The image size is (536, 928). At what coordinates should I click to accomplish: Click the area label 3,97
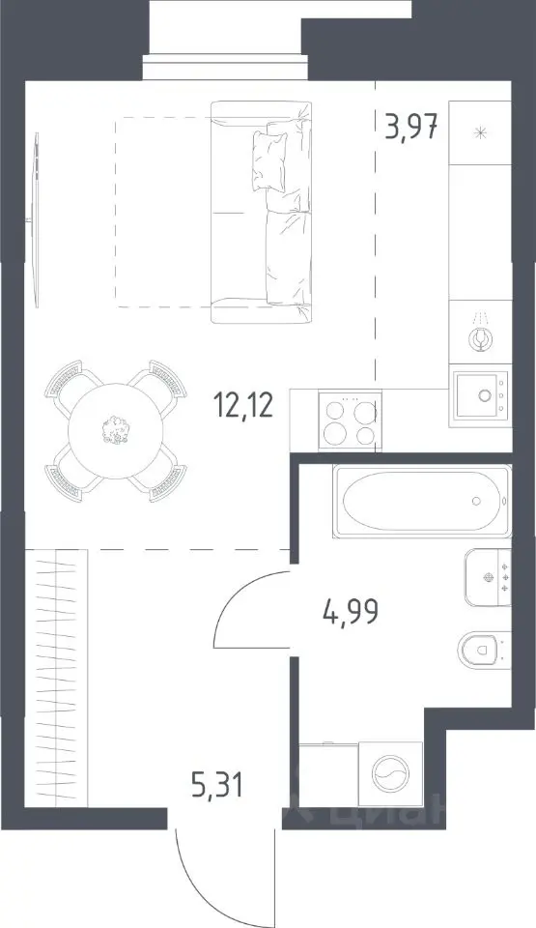(x=411, y=126)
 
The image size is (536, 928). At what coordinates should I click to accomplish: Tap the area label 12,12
(x=243, y=407)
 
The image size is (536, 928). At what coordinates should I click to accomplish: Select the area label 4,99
(x=351, y=612)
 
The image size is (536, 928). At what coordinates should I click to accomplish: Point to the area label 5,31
(x=217, y=785)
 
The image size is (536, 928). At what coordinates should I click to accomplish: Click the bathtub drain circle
(x=477, y=501)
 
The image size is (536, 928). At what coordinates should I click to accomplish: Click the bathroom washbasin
(x=488, y=577)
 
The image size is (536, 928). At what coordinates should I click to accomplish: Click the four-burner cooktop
(x=350, y=420)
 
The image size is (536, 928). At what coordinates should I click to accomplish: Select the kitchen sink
(x=481, y=394)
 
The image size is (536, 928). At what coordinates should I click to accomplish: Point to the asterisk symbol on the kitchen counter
(x=481, y=132)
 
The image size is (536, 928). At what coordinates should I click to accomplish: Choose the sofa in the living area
(x=262, y=212)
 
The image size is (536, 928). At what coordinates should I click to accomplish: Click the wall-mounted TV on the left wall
(x=36, y=220)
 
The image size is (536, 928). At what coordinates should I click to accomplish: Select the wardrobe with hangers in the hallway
(x=57, y=678)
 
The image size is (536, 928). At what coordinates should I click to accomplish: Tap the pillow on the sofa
(x=268, y=161)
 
